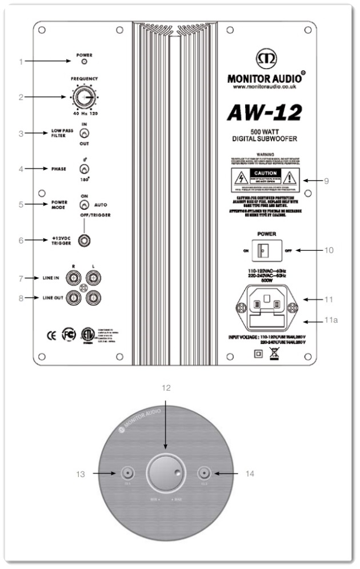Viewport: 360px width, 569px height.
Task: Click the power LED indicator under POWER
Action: pos(84,61)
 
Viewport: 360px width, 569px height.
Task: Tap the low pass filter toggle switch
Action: pos(84,134)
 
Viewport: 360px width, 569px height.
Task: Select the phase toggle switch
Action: pos(84,169)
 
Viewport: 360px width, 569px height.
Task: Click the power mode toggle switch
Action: pos(84,204)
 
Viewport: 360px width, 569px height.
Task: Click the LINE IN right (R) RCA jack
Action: pos(75,278)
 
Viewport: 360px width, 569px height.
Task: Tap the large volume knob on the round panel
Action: pos(166,474)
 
